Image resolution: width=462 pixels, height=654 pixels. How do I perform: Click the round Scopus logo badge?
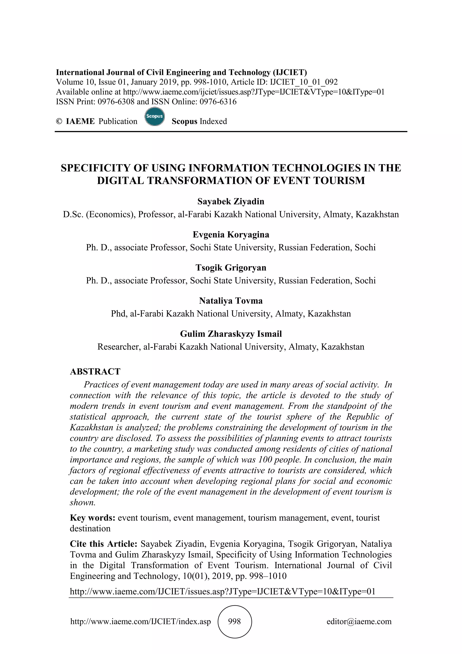155,117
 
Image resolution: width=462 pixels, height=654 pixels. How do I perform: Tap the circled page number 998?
234,621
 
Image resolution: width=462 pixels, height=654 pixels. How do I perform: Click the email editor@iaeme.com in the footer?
359,621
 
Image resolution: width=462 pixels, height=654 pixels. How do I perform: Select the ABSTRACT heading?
95,371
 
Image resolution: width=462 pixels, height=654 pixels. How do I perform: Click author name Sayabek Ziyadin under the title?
231,201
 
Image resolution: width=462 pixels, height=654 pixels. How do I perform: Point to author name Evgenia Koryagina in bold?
231,234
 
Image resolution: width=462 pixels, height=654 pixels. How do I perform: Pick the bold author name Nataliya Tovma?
231,301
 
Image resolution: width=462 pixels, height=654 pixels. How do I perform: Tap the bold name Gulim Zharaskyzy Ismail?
231,334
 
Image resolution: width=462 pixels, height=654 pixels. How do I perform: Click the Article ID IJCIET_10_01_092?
304,82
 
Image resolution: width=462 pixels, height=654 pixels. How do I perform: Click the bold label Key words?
92,518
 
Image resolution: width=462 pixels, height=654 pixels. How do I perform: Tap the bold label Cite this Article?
104,544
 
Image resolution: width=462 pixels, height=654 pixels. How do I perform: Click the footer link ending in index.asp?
141,621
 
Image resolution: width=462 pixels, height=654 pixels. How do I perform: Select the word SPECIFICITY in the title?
95,168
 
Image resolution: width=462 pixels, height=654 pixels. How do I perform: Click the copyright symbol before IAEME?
59,121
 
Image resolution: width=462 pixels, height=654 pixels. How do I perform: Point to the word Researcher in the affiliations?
118,347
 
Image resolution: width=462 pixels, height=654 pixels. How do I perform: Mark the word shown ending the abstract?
82,502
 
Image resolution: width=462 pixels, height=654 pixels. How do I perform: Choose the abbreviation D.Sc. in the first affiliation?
73,214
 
